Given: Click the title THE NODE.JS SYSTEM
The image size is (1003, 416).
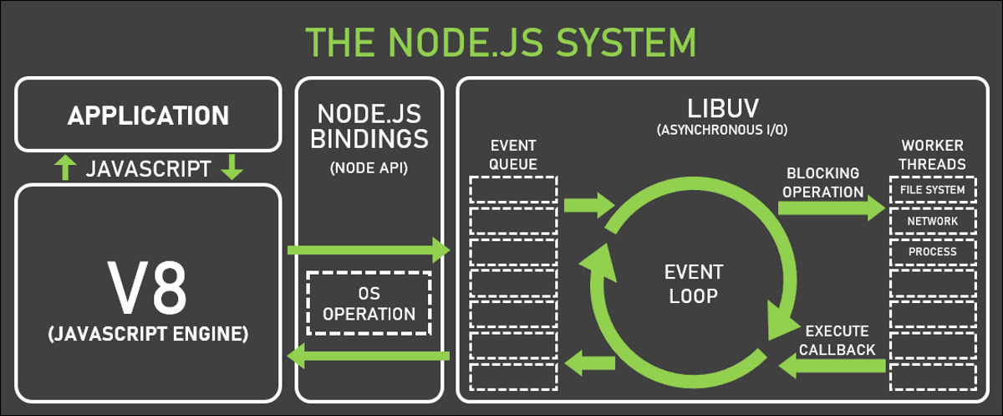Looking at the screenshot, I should [500, 42].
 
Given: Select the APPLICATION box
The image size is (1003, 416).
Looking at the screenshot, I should [148, 115].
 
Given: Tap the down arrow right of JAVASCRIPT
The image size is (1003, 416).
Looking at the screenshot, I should [232, 168].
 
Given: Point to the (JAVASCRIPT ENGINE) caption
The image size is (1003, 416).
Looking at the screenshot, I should [148, 334].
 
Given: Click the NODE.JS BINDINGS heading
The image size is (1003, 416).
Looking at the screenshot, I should [369, 126].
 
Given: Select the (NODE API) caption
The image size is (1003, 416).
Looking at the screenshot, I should [369, 167].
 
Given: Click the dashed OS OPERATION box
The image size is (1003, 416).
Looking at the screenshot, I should [369, 303].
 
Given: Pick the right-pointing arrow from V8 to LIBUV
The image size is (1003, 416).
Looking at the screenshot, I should [368, 249].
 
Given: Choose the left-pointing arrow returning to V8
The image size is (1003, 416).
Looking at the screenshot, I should [368, 357].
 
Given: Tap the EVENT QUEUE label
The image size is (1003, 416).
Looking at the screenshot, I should [513, 155].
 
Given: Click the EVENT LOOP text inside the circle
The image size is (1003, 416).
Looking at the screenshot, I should [692, 284].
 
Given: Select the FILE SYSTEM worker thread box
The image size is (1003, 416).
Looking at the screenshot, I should [933, 190].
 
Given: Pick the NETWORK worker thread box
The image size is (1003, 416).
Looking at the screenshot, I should [933, 221].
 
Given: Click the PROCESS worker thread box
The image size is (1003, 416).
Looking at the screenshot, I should [933, 252].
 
